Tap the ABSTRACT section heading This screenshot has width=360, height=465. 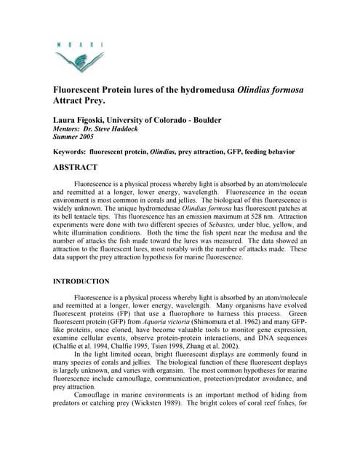(76, 167)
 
